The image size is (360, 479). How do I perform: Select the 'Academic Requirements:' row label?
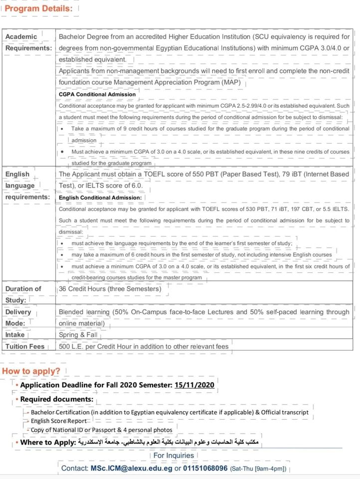(28, 42)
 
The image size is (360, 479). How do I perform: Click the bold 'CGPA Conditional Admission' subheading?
(97, 94)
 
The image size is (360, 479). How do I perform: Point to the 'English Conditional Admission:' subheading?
(100, 198)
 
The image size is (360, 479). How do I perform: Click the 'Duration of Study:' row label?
(23, 294)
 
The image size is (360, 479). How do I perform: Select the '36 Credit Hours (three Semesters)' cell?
(110, 289)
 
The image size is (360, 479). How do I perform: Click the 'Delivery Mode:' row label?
(18, 317)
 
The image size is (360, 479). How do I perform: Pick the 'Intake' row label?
(15, 334)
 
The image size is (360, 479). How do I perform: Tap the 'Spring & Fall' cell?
(79, 334)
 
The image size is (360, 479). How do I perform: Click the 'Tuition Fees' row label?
(25, 346)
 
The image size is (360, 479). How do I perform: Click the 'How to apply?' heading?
(31, 371)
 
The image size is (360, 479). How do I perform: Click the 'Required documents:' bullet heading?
(56, 399)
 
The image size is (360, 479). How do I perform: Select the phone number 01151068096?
(205, 469)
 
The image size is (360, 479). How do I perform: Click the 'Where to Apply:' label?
(48, 442)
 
